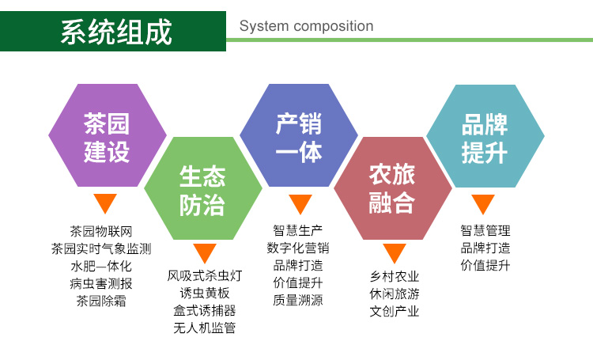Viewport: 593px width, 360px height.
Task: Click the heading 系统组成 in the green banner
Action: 116,32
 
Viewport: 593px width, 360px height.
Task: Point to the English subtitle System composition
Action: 306,26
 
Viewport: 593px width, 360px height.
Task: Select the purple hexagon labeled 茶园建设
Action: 108,135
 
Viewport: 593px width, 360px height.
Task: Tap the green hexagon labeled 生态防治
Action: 203,188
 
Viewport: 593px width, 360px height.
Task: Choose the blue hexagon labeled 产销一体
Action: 299,135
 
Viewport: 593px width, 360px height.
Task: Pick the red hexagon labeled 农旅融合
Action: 392,188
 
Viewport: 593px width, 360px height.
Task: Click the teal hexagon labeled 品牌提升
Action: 485,136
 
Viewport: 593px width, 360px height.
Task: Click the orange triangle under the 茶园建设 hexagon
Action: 105,203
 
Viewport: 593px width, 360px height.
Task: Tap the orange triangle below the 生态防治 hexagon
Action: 205,252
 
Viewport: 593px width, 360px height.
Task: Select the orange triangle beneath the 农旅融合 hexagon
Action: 395,252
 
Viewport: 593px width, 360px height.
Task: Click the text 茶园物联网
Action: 101,231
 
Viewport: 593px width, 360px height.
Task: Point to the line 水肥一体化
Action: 101,266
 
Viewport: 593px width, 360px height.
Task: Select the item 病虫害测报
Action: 101,283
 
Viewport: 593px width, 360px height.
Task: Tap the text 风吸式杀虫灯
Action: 205,275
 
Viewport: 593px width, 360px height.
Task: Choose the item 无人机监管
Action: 205,328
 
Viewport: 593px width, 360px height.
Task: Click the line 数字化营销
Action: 298,248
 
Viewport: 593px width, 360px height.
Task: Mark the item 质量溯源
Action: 298,300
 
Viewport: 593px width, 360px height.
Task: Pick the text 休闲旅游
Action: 395,294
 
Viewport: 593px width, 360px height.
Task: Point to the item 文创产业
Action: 395,311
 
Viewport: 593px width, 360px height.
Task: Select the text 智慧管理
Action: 485,230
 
